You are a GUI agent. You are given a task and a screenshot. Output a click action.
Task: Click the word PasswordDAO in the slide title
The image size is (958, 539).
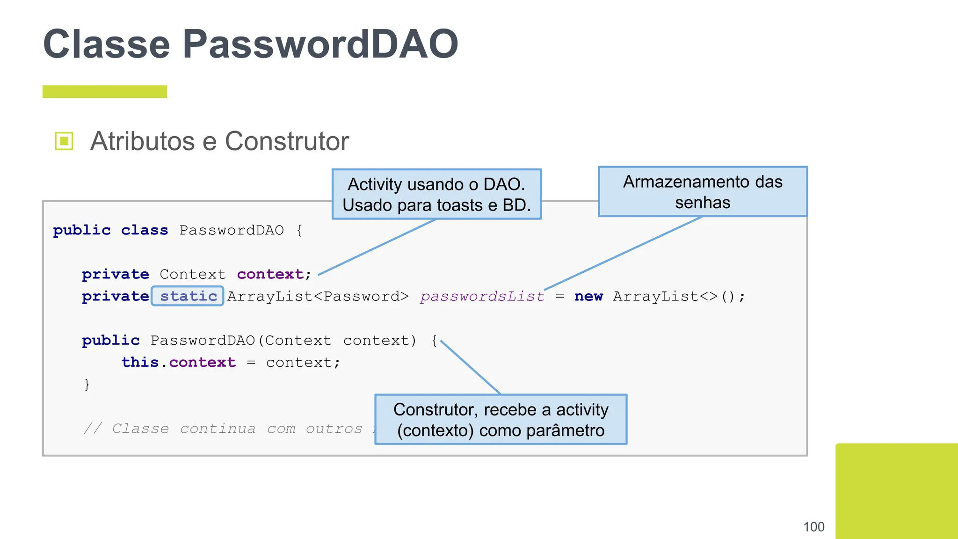[x=320, y=44]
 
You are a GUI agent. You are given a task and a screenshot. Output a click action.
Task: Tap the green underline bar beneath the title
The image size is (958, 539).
[x=104, y=92]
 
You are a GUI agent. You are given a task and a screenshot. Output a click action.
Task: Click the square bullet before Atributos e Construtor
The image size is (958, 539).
[x=64, y=141]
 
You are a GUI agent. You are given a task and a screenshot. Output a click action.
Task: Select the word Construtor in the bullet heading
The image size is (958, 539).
[x=287, y=141]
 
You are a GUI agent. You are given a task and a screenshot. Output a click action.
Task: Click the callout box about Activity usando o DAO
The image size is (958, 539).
[x=436, y=194]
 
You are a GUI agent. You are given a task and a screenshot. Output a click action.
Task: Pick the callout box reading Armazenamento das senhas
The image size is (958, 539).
[x=703, y=192]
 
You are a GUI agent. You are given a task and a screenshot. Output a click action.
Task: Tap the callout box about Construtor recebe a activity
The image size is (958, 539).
[x=501, y=419]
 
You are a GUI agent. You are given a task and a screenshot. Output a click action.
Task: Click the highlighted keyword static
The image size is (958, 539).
[x=188, y=296]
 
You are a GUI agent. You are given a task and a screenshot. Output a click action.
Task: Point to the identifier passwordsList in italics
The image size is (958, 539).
[x=482, y=296]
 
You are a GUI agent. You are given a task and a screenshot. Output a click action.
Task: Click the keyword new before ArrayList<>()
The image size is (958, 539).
[x=588, y=296]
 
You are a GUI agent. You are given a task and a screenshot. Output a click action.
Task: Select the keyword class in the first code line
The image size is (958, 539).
[x=144, y=230]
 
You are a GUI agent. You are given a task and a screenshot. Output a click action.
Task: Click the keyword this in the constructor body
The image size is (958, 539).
[x=140, y=362]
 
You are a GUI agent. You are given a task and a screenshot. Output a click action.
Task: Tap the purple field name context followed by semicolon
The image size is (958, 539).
[x=270, y=274]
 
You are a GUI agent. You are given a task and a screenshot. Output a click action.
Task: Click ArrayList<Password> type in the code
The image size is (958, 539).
[x=318, y=296]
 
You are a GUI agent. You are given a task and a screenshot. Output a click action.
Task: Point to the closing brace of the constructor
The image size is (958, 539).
[x=87, y=384]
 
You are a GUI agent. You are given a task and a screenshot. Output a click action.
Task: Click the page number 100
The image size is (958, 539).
[x=813, y=527]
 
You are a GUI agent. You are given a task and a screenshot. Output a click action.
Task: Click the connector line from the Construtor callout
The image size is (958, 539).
[x=470, y=367]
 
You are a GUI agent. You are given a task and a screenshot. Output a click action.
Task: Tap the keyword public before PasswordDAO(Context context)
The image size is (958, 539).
[x=111, y=340]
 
